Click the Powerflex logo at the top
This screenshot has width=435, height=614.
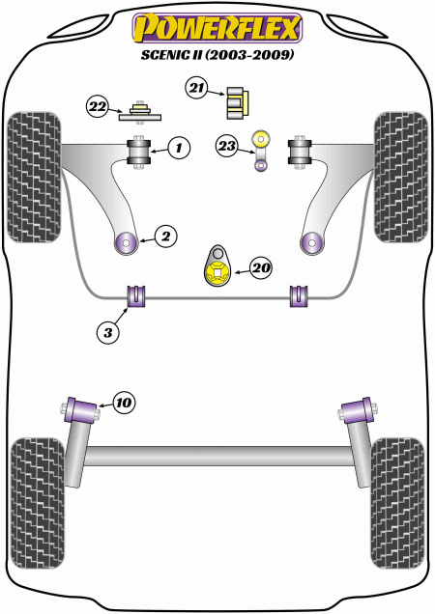pyautogui.click(x=217, y=26)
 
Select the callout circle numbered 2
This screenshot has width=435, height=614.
pyautogui.click(x=166, y=235)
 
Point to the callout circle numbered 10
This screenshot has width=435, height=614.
pyautogui.click(x=124, y=402)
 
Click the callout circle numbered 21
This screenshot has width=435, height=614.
pyautogui.click(x=197, y=90)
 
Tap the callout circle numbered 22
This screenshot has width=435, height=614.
pyautogui.click(x=98, y=107)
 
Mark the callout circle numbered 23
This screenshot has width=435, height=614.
pyautogui.click(x=227, y=147)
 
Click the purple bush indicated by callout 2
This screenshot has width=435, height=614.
pyautogui.click(x=126, y=241)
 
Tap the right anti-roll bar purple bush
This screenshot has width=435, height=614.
pyautogui.click(x=298, y=294)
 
